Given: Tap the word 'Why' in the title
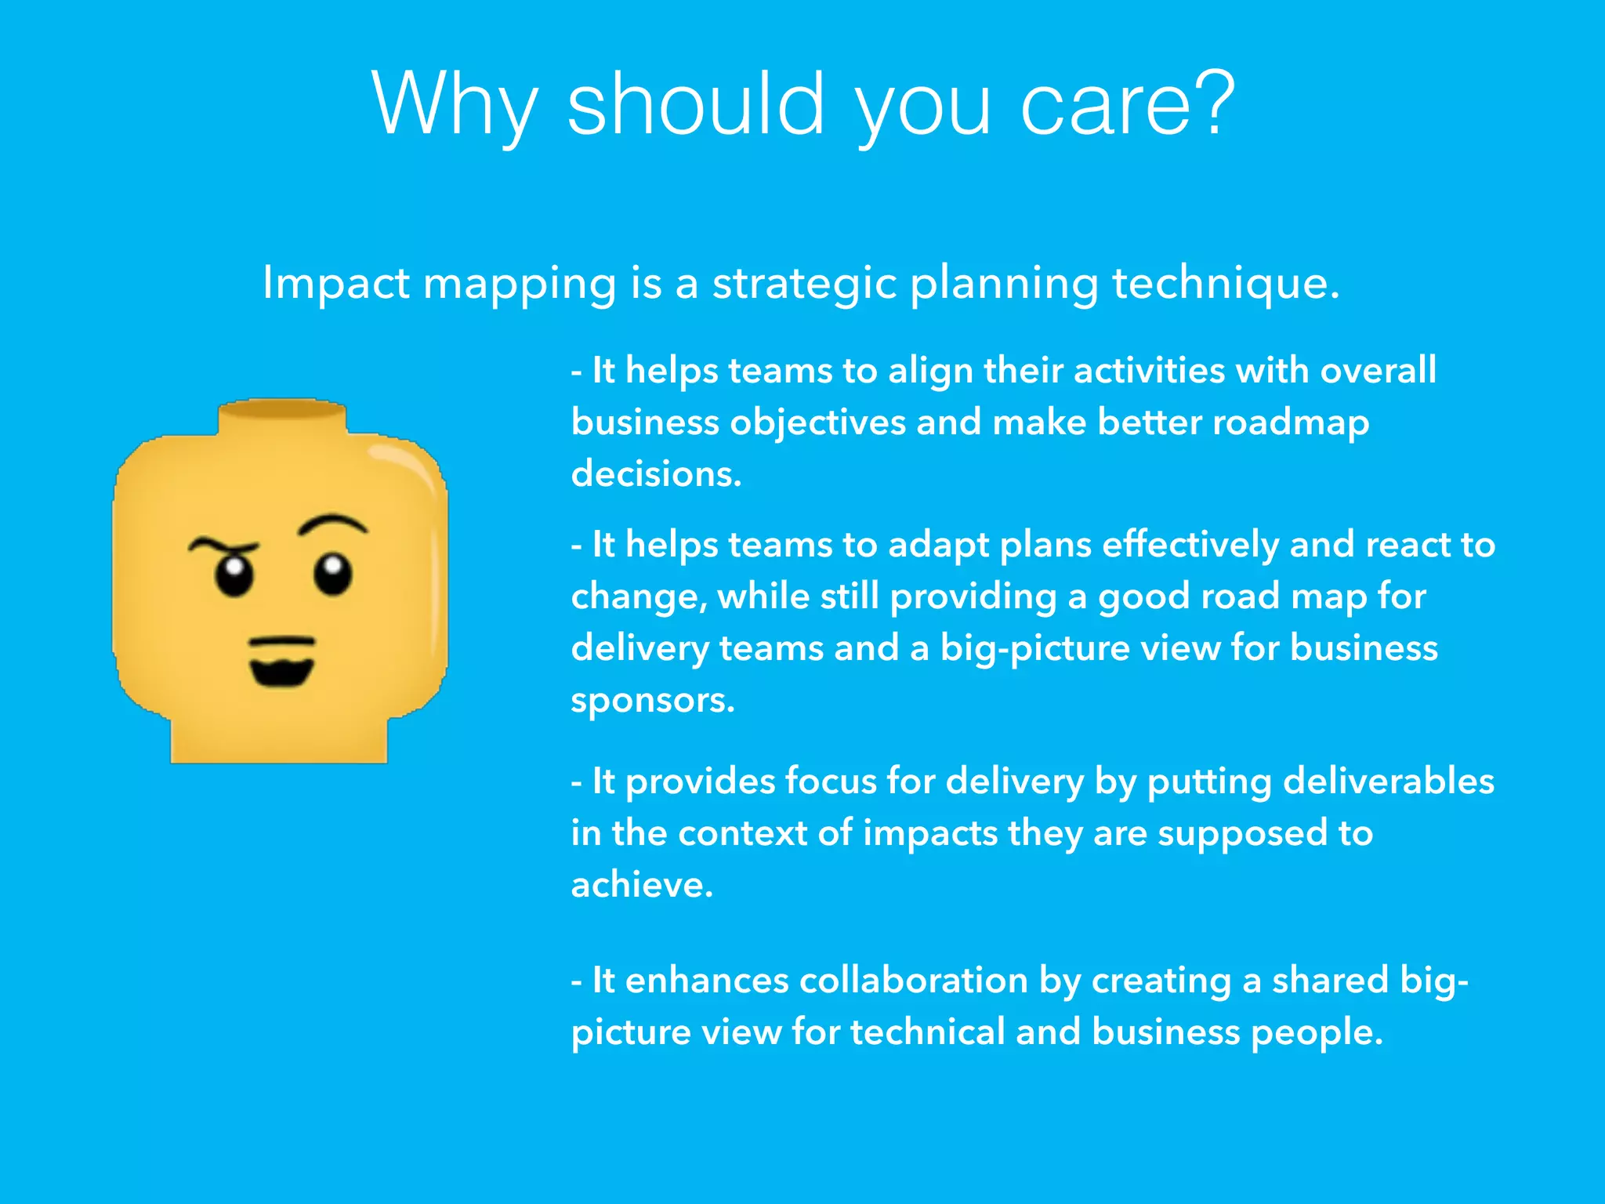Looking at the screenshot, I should click(455, 106).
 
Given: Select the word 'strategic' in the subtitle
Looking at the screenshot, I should click(804, 284).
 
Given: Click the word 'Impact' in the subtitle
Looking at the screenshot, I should click(335, 284).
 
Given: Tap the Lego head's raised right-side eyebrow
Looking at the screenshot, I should click(332, 524).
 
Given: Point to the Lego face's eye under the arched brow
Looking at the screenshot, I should click(333, 575).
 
